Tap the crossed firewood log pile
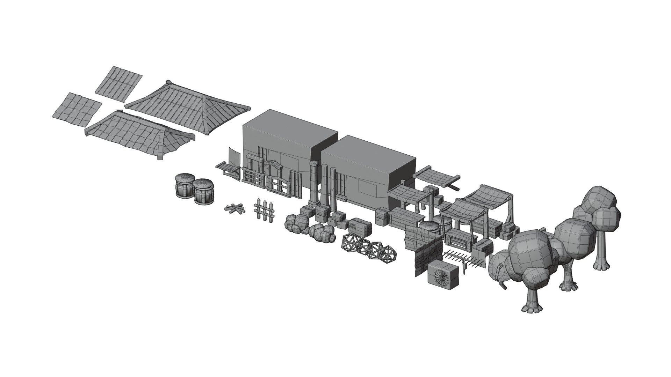(234, 209)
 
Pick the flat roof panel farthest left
(76, 109)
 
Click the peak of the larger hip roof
(169, 83)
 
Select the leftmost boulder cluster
(296, 223)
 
